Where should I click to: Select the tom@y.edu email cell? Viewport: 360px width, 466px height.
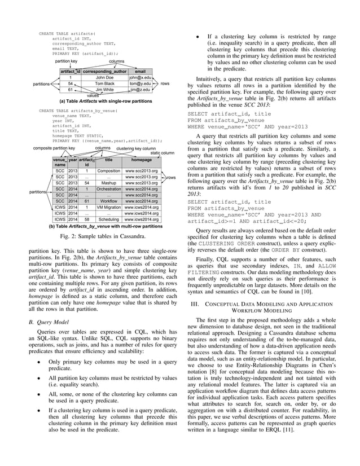click(x=139, y=83)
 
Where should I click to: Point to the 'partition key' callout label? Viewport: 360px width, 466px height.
click(x=67, y=60)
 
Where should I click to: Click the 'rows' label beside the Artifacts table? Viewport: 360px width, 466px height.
click(x=165, y=83)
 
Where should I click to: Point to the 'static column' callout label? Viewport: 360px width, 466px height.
click(x=162, y=153)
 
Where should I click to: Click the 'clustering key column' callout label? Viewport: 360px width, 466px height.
click(x=135, y=148)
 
